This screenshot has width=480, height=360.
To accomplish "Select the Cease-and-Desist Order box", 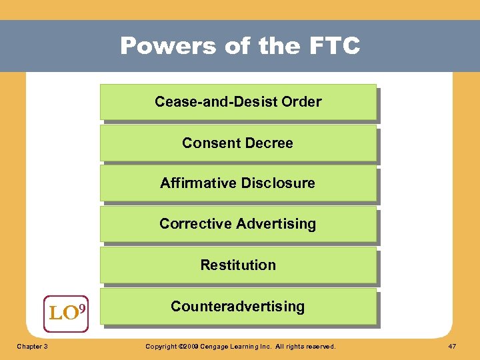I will point(238,102).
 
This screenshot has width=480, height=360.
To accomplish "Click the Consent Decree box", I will point(238,143).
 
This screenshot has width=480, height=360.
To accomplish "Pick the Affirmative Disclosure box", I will point(238,183).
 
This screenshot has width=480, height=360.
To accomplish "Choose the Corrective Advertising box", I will point(238,224).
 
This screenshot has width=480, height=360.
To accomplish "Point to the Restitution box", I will point(238,265).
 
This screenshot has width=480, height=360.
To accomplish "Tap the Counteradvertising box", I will point(238,306).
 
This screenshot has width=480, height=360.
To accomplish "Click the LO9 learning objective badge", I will point(67,311).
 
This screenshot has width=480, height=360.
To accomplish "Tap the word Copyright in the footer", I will point(161,347).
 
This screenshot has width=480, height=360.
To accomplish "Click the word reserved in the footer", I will point(319,347).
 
